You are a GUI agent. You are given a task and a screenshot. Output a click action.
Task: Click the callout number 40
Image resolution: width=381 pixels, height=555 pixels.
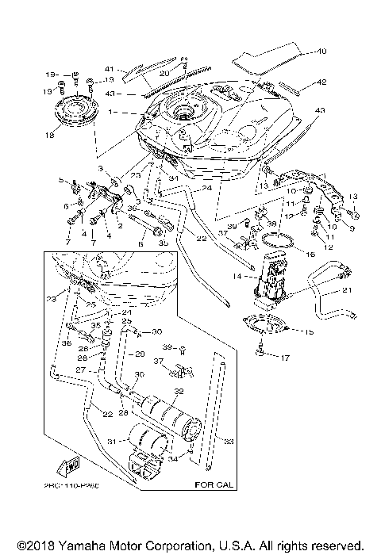pyautogui.click(x=321, y=52)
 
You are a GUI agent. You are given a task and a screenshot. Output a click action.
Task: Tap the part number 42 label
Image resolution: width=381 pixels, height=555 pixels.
pyautogui.click(x=321, y=82)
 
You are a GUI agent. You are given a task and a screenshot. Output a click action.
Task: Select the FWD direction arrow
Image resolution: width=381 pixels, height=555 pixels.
pyautogui.click(x=69, y=462)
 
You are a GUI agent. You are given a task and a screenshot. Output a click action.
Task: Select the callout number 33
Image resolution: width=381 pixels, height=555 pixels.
pyautogui.click(x=230, y=442)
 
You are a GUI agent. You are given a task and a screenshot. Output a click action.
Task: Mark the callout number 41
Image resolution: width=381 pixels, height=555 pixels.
pyautogui.click(x=110, y=68)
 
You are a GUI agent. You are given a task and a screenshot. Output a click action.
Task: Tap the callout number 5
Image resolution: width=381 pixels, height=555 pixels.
pyautogui.click(x=60, y=181)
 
